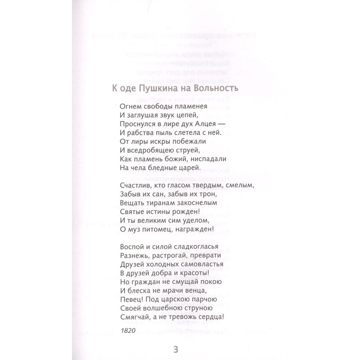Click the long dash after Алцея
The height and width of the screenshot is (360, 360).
click(229, 124)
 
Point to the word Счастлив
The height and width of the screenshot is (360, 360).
click(132, 186)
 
